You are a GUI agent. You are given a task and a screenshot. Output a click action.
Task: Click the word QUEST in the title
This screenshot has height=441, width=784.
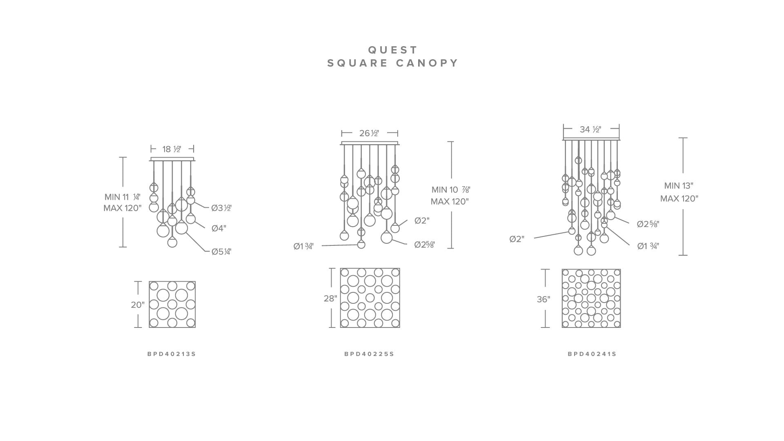pyautogui.click(x=393, y=50)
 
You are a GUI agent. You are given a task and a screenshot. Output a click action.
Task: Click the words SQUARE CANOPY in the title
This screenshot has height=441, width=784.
pyautogui.click(x=393, y=63)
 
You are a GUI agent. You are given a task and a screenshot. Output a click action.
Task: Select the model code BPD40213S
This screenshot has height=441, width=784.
pyautogui.click(x=171, y=354)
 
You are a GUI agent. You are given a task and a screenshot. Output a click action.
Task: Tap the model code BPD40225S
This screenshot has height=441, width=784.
pyautogui.click(x=369, y=354)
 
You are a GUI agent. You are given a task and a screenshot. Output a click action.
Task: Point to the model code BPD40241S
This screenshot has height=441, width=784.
pyautogui.click(x=592, y=354)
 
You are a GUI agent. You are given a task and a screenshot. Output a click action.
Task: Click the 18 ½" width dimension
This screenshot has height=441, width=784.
pyautogui.click(x=172, y=149)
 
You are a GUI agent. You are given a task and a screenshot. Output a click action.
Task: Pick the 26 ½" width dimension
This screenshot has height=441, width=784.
pyautogui.click(x=369, y=133)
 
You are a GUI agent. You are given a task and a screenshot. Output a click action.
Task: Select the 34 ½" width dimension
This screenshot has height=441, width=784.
pyautogui.click(x=590, y=129)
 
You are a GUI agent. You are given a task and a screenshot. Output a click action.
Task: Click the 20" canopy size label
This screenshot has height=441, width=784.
pyautogui.click(x=138, y=305)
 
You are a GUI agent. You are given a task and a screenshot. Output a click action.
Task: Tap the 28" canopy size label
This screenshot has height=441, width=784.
pyautogui.click(x=330, y=298)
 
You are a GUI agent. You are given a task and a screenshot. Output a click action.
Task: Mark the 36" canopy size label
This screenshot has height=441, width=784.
pyautogui.click(x=543, y=299)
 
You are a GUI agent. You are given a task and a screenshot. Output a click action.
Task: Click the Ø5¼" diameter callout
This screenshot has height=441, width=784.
pyautogui.click(x=221, y=252)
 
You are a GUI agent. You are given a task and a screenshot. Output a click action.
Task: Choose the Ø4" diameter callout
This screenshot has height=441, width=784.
pyautogui.click(x=219, y=228)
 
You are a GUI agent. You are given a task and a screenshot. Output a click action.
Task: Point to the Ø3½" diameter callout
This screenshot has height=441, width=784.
pyautogui.click(x=221, y=208)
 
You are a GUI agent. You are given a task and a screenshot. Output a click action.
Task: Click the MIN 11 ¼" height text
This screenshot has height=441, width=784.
pyautogui.click(x=122, y=197)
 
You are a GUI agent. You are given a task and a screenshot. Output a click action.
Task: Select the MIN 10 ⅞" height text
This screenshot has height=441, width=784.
pyautogui.click(x=451, y=189)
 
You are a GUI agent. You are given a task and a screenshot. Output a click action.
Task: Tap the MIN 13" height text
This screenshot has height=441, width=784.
pyautogui.click(x=679, y=185)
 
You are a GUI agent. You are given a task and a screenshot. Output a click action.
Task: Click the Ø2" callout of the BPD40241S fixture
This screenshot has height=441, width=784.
pyautogui.click(x=517, y=239)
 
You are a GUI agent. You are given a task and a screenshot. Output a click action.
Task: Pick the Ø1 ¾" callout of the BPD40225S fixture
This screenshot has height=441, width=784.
pyautogui.click(x=303, y=246)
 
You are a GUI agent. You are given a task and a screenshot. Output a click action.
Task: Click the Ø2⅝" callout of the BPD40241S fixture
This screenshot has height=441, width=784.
pyautogui.click(x=648, y=224)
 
